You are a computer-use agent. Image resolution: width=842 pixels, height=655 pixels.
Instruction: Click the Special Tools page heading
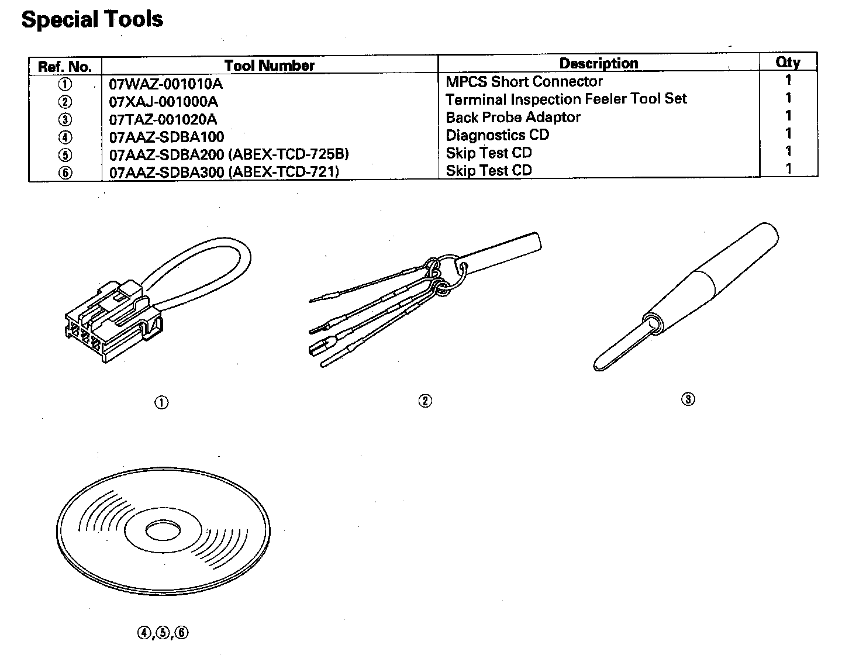[x=92, y=19]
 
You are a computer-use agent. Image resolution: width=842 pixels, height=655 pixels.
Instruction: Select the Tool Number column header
[x=269, y=65]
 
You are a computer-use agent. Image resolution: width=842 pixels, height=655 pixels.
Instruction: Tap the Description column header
[x=598, y=63]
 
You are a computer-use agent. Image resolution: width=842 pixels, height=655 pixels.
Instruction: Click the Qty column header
[x=788, y=62]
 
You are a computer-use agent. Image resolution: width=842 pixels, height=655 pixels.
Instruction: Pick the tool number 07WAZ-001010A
[x=166, y=84]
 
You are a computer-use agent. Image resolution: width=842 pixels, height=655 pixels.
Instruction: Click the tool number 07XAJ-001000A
[x=164, y=102]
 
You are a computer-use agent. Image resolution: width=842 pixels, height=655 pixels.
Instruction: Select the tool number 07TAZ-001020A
[x=163, y=119]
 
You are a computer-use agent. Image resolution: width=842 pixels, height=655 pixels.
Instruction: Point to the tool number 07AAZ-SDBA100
[x=167, y=137]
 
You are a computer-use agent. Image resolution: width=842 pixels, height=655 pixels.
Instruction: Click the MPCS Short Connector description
[x=524, y=81]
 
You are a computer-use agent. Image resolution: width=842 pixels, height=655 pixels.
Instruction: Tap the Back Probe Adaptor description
[x=513, y=117]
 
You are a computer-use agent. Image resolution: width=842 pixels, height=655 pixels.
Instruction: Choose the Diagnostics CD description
[x=497, y=135]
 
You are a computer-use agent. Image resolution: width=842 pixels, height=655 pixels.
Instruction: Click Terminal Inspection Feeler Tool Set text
[x=566, y=99]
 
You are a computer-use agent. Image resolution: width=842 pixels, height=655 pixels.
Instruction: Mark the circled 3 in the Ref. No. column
[x=65, y=120]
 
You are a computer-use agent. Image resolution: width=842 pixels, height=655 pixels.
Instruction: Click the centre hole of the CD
[x=162, y=532]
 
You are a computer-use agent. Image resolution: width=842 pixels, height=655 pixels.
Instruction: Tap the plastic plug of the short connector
[x=108, y=322]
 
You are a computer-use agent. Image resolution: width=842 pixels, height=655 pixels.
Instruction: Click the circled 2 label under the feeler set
[x=425, y=401]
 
